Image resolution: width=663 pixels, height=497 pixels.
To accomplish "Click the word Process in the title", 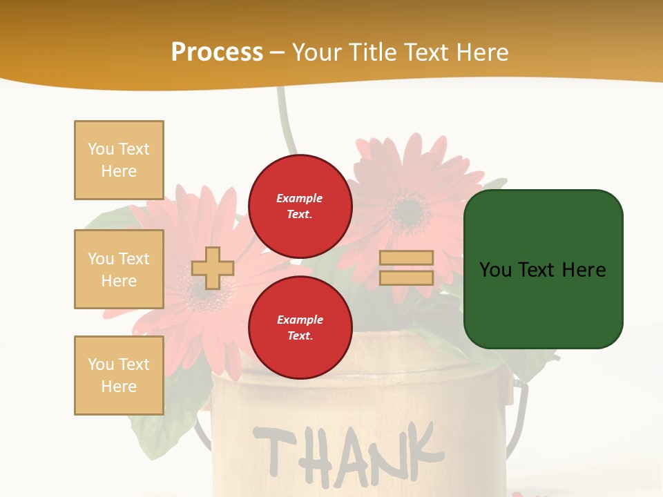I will (217, 52).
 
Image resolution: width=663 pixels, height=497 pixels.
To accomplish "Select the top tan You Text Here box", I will (119, 160).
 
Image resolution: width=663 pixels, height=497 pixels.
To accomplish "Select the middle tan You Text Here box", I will (119, 269).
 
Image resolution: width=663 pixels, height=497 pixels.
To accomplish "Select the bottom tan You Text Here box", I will (119, 376).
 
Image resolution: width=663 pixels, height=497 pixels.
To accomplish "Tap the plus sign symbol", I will (212, 268).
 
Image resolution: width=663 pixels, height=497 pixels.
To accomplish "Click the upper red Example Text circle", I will (300, 206).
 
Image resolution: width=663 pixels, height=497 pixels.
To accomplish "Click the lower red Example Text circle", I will (300, 328).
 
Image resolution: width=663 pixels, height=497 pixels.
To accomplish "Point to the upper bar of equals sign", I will (407, 257).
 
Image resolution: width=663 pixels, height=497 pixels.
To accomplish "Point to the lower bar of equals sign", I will (407, 277).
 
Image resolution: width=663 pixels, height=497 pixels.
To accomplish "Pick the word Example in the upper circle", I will (299, 198).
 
